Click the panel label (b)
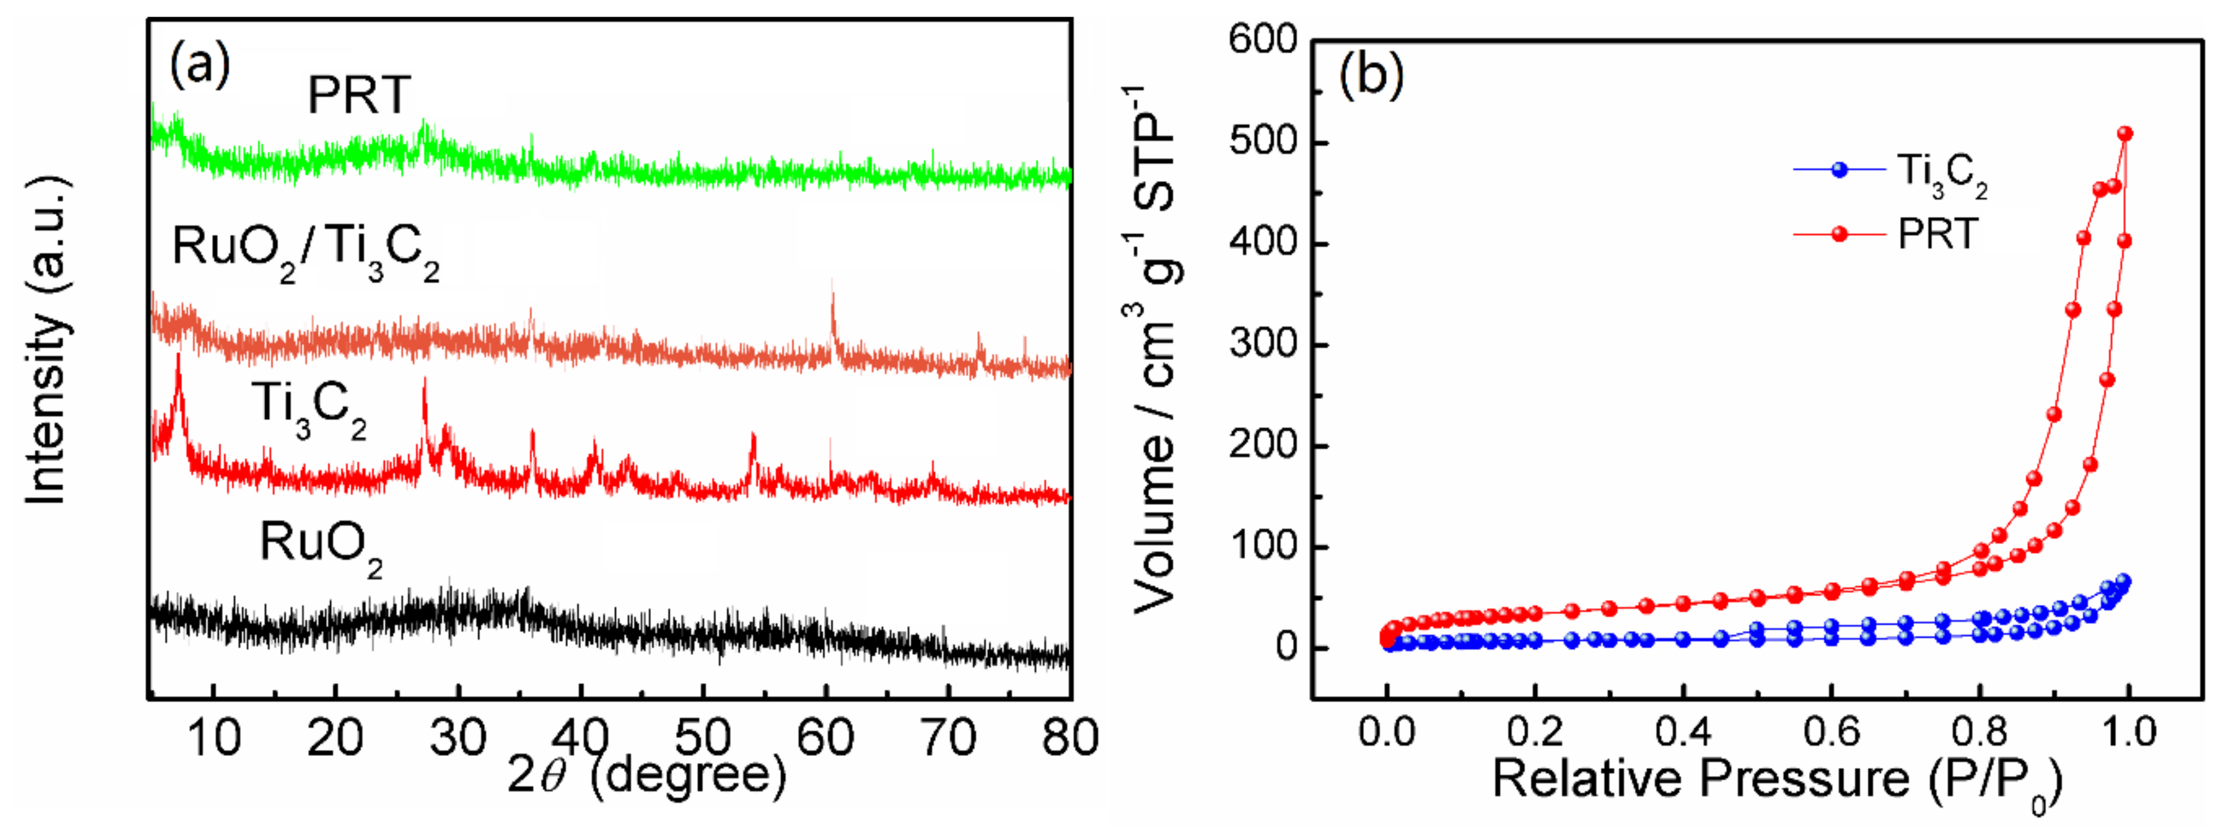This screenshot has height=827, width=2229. click(1371, 75)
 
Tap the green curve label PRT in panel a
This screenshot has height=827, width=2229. click(359, 95)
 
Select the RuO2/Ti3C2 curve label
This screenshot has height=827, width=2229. click(305, 251)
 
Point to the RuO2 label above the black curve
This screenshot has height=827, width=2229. click(320, 548)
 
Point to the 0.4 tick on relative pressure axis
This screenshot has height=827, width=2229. click(1683, 733)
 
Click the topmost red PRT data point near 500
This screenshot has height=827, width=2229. click(2124, 133)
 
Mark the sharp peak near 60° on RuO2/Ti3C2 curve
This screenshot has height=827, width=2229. click(833, 299)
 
